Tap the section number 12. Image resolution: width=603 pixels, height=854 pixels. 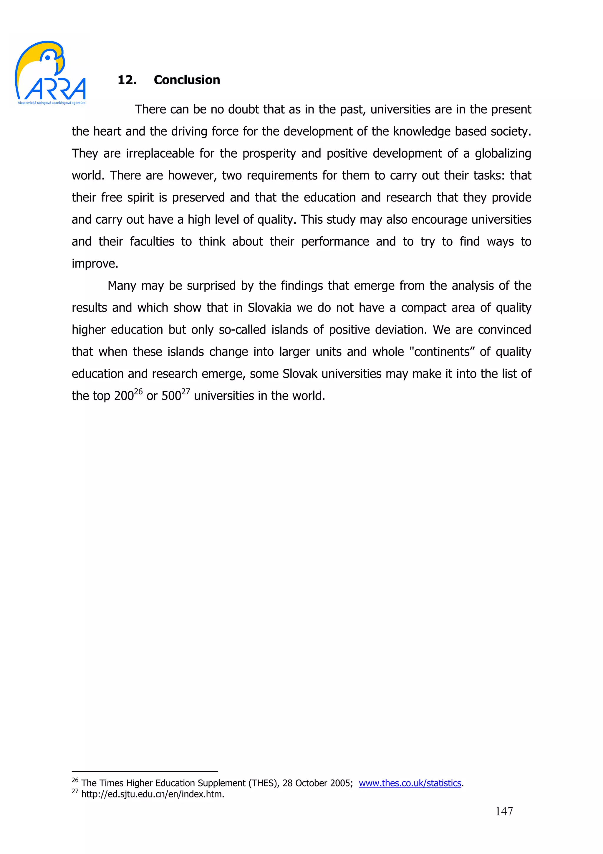tap(127, 80)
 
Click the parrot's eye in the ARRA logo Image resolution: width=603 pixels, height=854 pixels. tap(48, 58)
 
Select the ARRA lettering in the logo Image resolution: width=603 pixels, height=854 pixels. tap(57, 89)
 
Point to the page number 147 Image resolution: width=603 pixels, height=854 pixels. tap(504, 811)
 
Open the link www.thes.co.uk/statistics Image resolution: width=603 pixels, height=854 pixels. tap(410, 783)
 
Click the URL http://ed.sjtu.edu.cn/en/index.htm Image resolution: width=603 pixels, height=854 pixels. tap(153, 794)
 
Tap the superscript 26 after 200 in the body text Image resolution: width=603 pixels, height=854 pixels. tap(138, 391)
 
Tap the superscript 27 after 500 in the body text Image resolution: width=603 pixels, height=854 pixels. tap(185, 391)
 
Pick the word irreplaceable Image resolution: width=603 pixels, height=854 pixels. tap(160, 154)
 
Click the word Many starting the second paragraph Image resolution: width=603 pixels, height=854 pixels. tap(122, 286)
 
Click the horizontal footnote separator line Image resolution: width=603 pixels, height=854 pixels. tap(145, 772)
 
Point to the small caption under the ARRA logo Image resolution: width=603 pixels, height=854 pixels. tap(52, 103)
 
